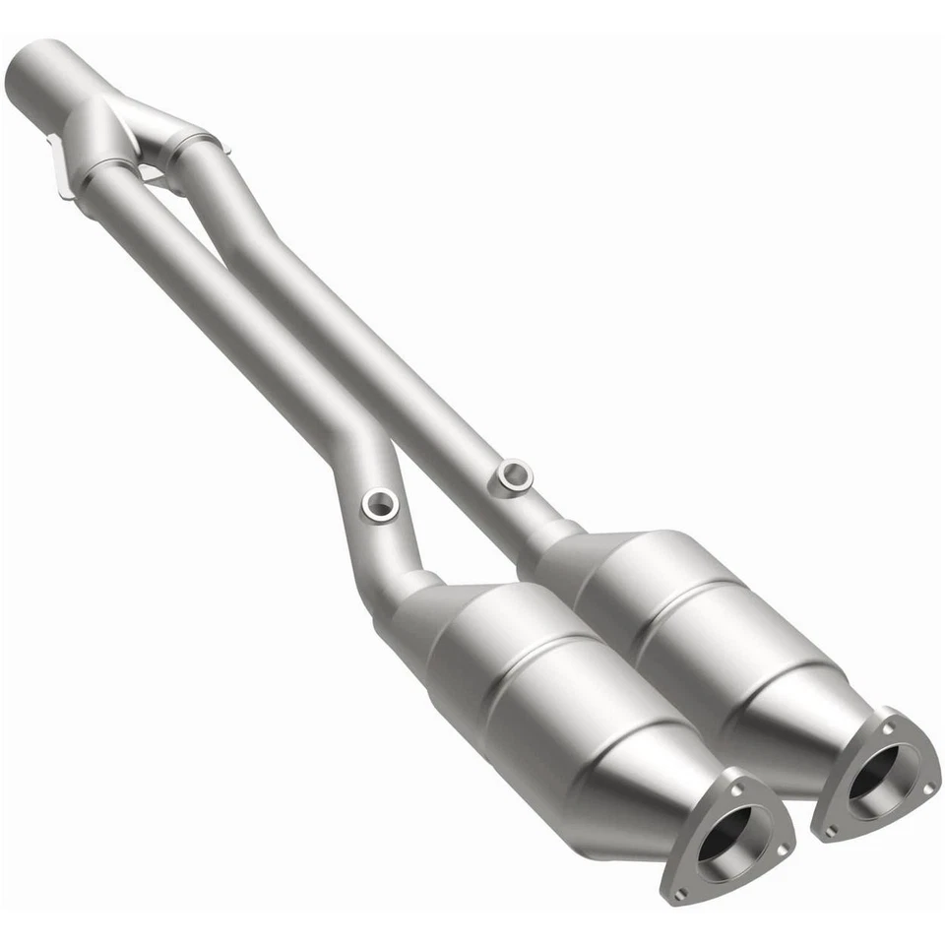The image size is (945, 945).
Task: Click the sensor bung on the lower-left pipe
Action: point(379,505)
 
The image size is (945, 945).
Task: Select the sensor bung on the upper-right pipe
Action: point(514,475)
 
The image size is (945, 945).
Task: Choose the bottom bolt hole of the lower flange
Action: point(679,895)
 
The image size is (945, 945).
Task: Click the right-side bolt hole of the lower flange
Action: point(780,849)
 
